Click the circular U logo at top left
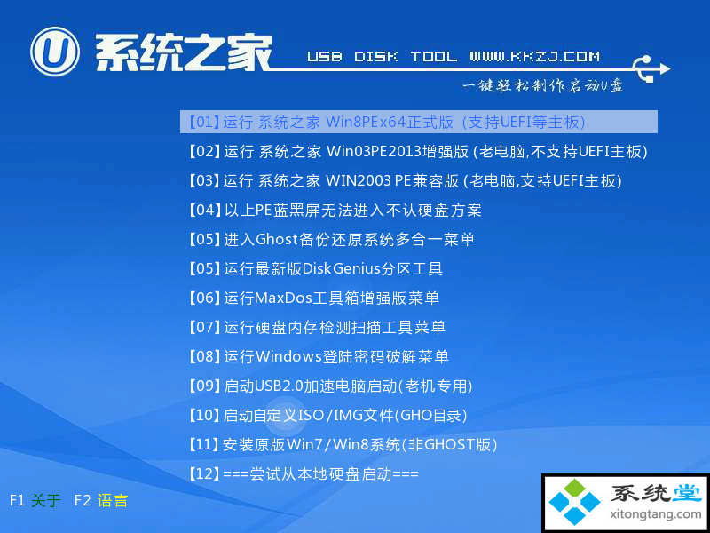tap(55, 52)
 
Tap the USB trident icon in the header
tap(651, 69)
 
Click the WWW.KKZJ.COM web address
tap(535, 57)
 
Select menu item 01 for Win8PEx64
tap(387, 122)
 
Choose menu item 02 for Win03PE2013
tap(417, 151)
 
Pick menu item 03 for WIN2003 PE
tap(405, 181)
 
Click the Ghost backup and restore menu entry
tap(331, 239)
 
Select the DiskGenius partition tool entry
tap(315, 269)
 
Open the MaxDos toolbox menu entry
tap(313, 298)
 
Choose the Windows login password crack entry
tap(318, 357)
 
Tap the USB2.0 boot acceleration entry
tap(329, 386)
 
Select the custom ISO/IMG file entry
tap(327, 415)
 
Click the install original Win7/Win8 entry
tap(343, 445)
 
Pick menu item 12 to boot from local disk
tap(303, 474)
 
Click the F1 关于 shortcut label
tap(35, 501)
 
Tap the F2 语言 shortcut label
tap(101, 501)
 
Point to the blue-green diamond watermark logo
tap(574, 502)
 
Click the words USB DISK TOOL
tap(383, 57)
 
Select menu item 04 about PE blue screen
tap(335, 210)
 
